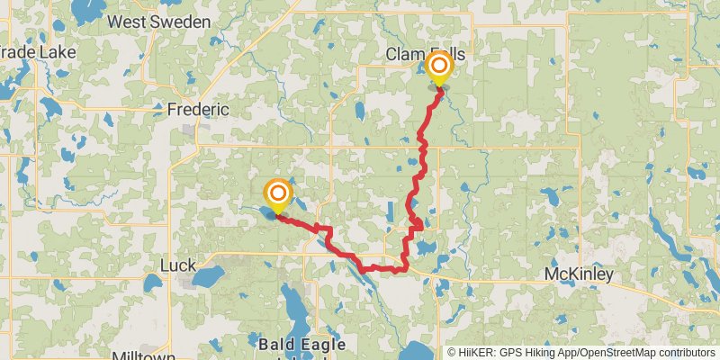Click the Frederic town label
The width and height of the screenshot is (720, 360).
click(x=197, y=109)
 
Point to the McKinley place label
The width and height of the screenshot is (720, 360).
click(x=580, y=274)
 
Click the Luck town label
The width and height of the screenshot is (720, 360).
click(x=176, y=265)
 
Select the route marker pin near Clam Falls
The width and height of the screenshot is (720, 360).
click(x=440, y=68)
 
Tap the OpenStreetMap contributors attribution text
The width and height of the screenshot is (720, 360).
click(x=649, y=352)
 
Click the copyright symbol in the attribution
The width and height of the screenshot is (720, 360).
click(x=452, y=352)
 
